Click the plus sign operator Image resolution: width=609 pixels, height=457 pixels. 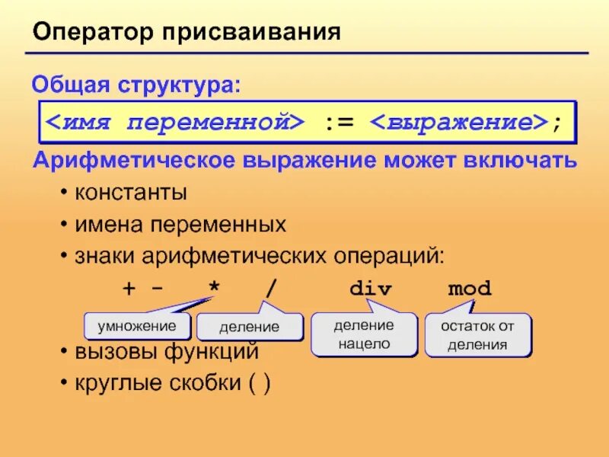(128, 289)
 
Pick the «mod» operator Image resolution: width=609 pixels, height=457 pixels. (470, 289)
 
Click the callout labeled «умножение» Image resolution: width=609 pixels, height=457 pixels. (136, 326)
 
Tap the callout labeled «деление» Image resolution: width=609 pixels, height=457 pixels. (249, 328)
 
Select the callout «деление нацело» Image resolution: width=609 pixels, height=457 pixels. (364, 334)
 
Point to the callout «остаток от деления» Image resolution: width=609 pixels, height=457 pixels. (477, 335)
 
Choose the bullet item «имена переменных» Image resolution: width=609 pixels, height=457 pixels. (180, 225)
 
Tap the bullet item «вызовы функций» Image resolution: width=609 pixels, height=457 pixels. (167, 353)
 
